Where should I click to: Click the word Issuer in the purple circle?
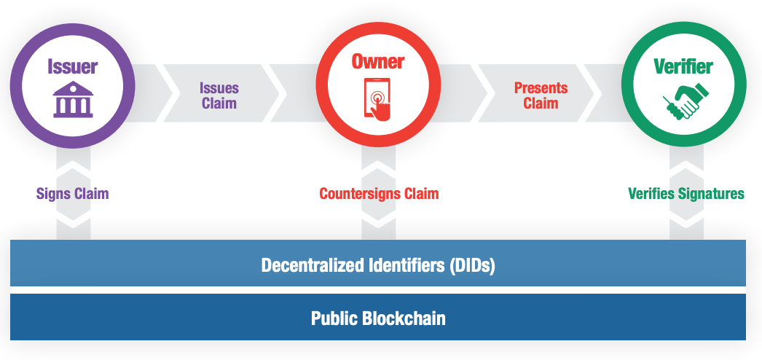pos(73,67)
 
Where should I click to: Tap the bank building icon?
pos(73,101)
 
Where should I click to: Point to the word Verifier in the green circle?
pos(683,67)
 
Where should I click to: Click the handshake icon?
pos(683,101)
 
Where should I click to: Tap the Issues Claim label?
pos(219,95)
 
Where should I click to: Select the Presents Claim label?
pos(541,95)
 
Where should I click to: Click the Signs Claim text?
pos(73,194)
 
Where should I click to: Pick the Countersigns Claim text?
pos(379,194)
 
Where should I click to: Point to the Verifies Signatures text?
pos(686,194)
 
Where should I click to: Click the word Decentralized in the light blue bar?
pos(309,265)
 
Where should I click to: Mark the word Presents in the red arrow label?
pos(541,88)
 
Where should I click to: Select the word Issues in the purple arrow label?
pos(219,88)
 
